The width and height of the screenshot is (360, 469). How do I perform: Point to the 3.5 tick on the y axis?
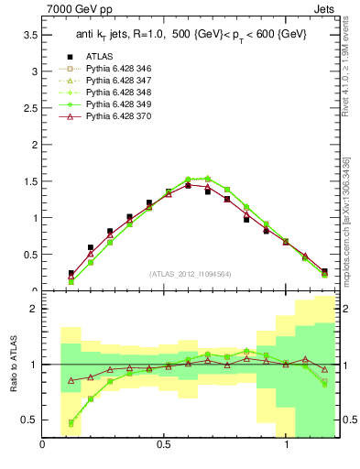(x=30, y=35)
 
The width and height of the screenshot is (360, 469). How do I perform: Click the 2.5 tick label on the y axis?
(x=30, y=108)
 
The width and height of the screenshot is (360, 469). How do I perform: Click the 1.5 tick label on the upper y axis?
(x=30, y=181)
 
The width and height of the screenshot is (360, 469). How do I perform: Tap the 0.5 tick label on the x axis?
(x=164, y=444)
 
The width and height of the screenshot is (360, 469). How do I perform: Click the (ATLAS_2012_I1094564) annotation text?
(x=190, y=273)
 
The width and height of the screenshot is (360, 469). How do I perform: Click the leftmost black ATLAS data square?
(x=71, y=273)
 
